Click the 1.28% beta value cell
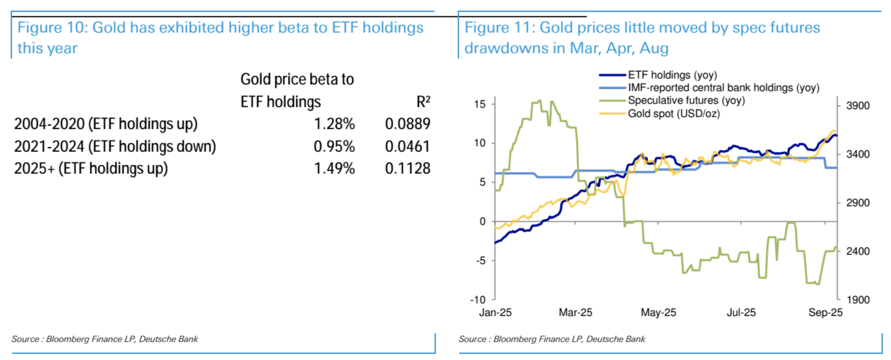334,124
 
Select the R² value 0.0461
407,146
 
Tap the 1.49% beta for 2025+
334,168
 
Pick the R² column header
423,102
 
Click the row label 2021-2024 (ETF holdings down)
115,146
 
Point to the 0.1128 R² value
407,168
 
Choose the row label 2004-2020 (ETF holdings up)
105,124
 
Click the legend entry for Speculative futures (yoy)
686,101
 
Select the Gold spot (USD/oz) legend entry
674,113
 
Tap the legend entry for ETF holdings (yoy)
672,75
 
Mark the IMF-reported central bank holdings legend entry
723,88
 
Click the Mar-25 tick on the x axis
575,312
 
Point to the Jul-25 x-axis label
741,312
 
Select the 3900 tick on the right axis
858,105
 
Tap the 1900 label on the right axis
858,300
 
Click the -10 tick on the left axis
478,300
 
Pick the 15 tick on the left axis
480,104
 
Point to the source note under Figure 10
105,339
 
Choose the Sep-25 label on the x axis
825,312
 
